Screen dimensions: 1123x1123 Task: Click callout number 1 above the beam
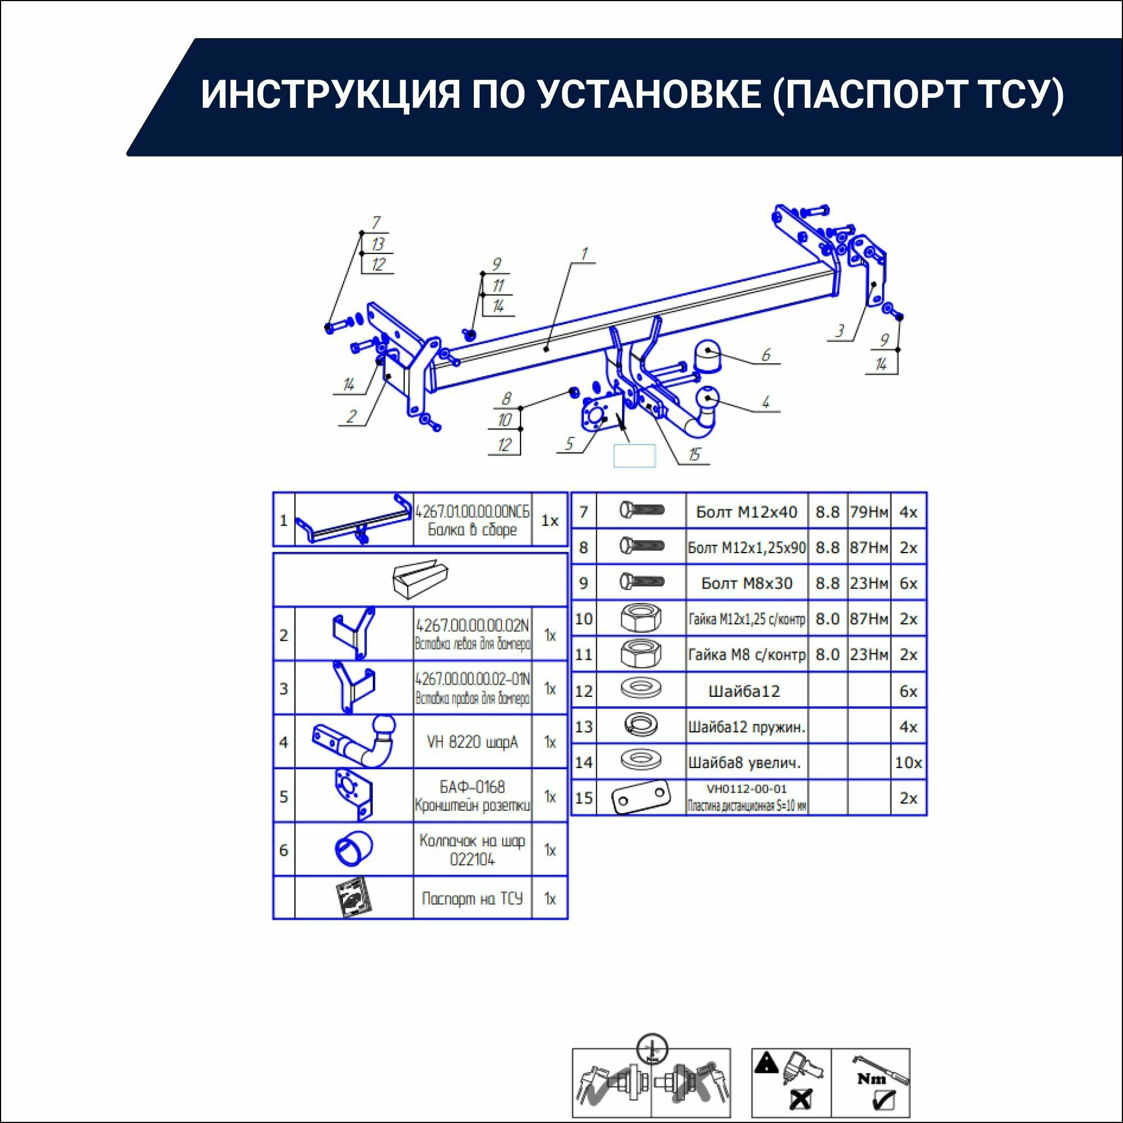[584, 254]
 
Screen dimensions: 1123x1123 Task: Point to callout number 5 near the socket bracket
[569, 444]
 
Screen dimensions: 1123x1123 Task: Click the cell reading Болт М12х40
[746, 512]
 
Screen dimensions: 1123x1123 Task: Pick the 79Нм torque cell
[869, 512]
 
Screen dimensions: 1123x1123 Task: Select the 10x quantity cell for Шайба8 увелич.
[908, 763]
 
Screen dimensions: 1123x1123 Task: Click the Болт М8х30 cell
[746, 583]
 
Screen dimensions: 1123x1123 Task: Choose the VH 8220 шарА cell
[472, 742]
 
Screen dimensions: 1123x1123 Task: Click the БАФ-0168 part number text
[472, 787]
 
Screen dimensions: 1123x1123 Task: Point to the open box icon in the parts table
[419, 579]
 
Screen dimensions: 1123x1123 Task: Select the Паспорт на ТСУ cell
[472, 898]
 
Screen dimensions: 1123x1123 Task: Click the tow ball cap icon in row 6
[353, 850]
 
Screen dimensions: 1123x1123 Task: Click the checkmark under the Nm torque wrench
[884, 1101]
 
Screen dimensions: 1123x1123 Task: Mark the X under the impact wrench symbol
[801, 1099]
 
